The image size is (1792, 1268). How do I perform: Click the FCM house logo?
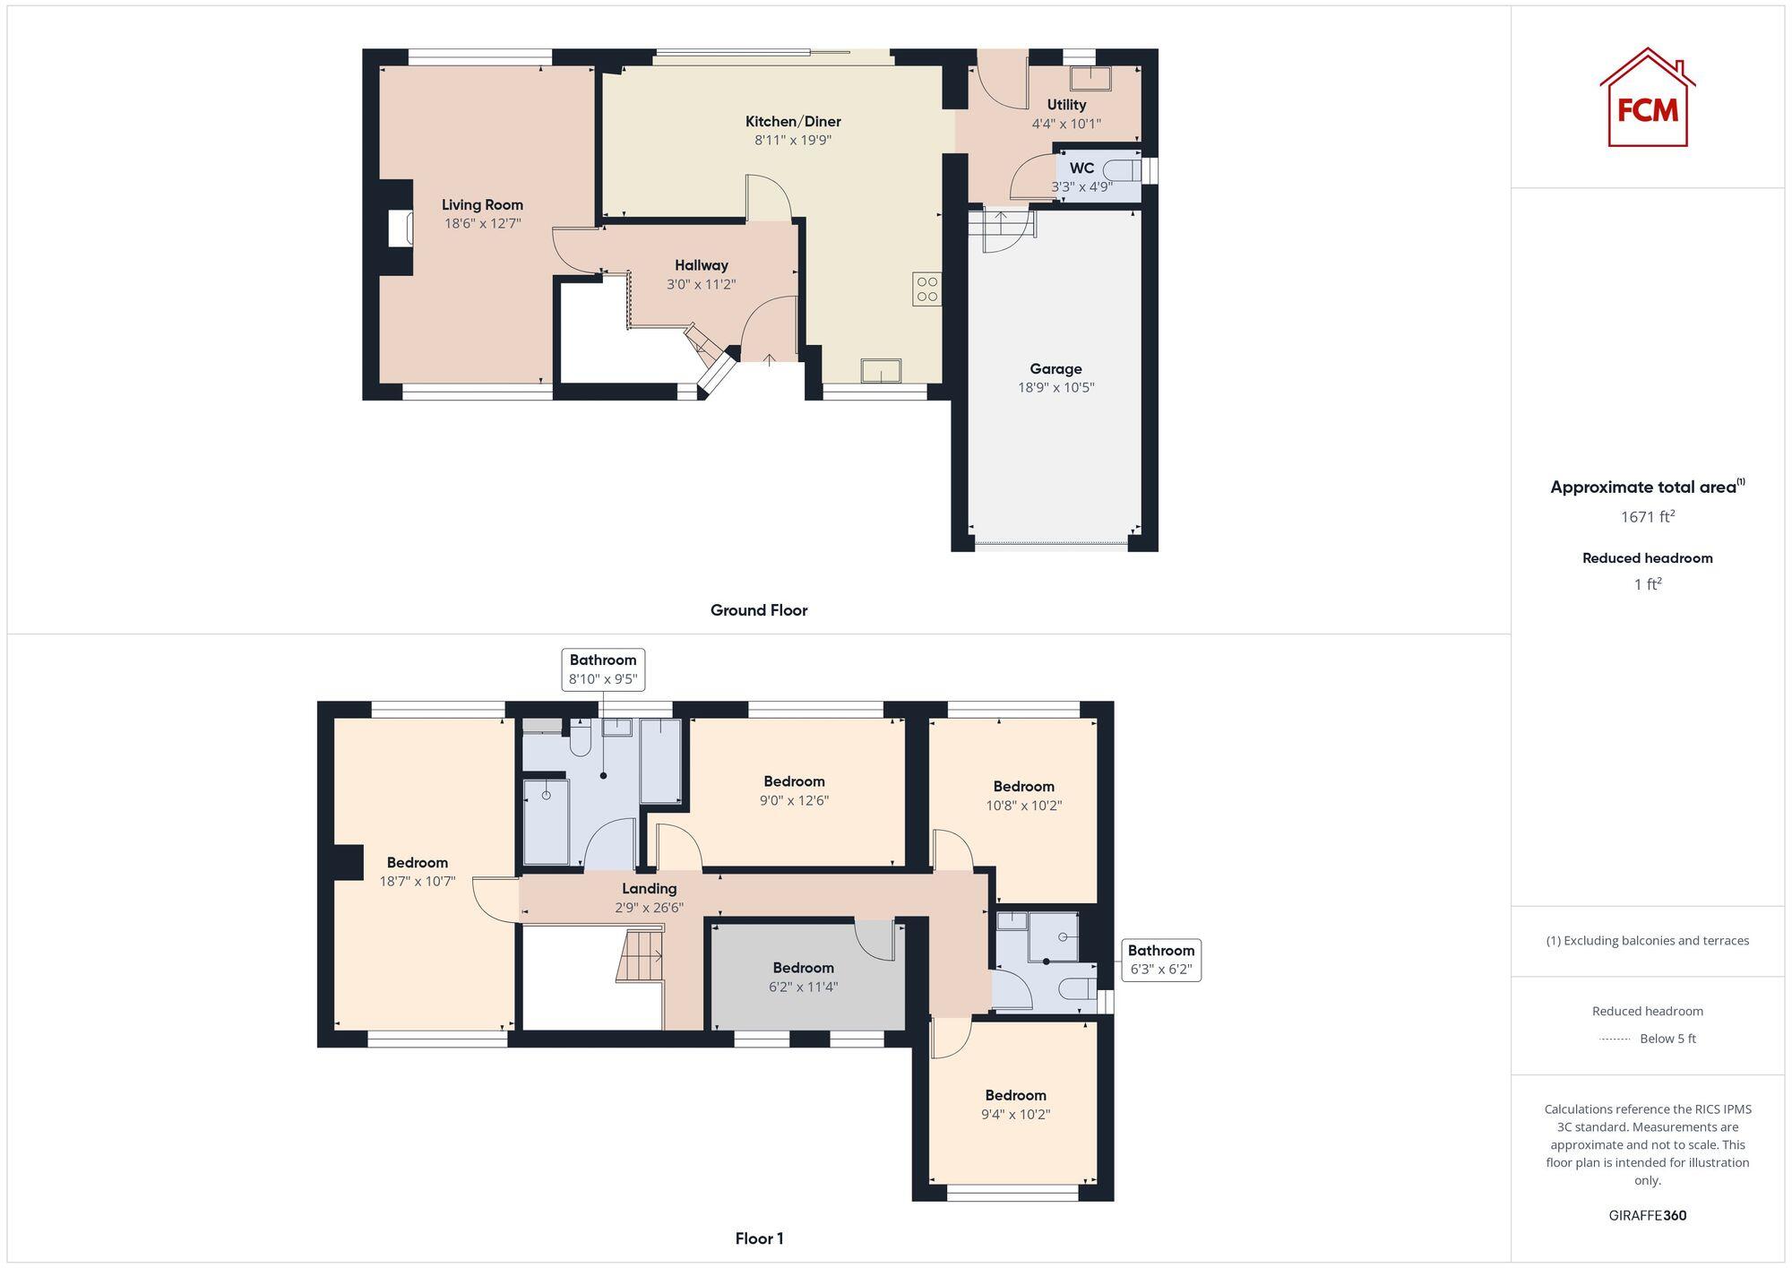click(x=1647, y=99)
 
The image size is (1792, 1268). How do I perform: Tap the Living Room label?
click(x=482, y=205)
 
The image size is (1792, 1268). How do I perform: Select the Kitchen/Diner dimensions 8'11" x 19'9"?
click(x=793, y=141)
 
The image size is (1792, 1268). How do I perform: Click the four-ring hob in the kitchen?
click(x=926, y=289)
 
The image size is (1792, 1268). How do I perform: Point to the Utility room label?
click(x=1066, y=105)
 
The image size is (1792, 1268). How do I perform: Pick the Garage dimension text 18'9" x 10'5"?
click(x=1055, y=388)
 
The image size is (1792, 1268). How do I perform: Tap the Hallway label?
click(x=701, y=265)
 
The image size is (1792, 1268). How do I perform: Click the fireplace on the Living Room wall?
click(x=400, y=228)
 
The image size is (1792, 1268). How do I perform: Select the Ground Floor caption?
click(x=759, y=610)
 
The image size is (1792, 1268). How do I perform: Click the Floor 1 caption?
click(x=759, y=1238)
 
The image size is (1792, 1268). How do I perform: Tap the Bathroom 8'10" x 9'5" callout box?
click(x=603, y=669)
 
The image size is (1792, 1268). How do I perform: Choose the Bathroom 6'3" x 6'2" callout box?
click(x=1160, y=960)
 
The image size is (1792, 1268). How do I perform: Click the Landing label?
click(x=649, y=889)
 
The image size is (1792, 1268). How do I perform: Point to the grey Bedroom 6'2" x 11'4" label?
click(x=803, y=968)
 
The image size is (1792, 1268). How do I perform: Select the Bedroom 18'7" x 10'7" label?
click(x=417, y=863)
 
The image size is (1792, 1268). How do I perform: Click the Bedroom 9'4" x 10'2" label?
click(x=1015, y=1095)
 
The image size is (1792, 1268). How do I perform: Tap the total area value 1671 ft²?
click(x=1647, y=517)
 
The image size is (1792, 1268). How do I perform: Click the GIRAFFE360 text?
click(x=1647, y=1216)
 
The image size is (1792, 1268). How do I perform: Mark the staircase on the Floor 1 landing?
click(x=640, y=956)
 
